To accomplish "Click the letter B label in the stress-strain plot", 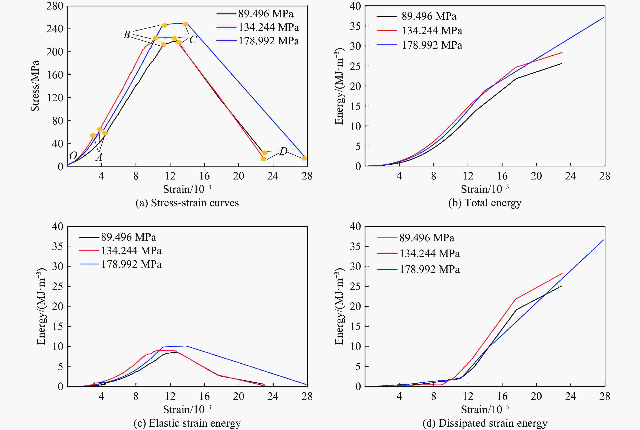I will click(x=127, y=35).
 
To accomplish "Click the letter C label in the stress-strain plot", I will click(x=193, y=40).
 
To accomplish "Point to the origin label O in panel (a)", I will click(x=73, y=156).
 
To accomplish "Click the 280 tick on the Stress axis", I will click(x=55, y=6).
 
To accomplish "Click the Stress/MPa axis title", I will click(x=35, y=86).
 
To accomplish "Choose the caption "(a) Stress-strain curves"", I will click(x=187, y=203).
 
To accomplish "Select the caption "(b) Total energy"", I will click(x=485, y=203).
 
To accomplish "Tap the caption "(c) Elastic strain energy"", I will click(x=187, y=423).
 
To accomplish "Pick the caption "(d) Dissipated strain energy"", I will click(x=485, y=423).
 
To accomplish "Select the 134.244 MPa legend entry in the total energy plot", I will click(x=432, y=31).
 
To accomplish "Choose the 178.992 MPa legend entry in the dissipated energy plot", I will click(x=429, y=269).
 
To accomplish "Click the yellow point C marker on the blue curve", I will click(x=185, y=24).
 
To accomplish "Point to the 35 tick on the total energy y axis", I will click(x=356, y=26).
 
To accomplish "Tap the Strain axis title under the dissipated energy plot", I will click(x=485, y=409).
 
